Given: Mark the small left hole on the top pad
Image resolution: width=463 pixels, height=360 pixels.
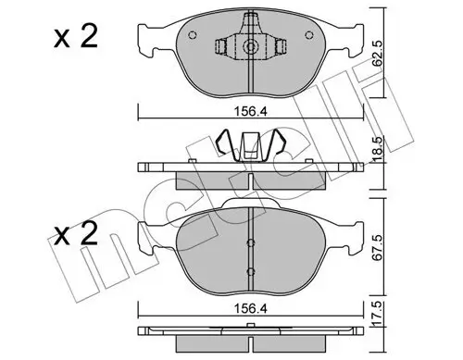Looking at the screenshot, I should pos(191,37).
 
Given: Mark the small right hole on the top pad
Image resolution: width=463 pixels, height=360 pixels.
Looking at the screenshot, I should pos(307,37).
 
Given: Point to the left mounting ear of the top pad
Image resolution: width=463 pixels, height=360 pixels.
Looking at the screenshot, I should pos(145,37).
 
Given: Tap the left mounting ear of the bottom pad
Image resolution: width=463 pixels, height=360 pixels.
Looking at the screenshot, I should pos(145,236).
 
